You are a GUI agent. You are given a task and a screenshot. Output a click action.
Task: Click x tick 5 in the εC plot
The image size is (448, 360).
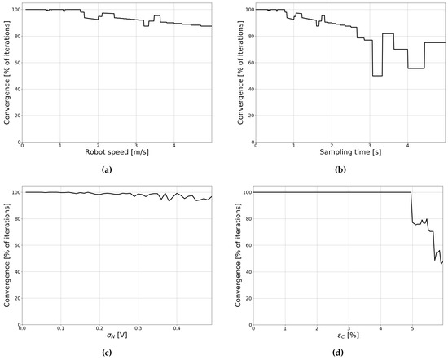pos(411,328)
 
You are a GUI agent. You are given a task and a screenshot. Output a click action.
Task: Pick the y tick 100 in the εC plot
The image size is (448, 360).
pos(246,192)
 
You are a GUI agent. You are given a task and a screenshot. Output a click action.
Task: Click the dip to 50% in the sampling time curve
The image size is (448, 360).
pos(377,76)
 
